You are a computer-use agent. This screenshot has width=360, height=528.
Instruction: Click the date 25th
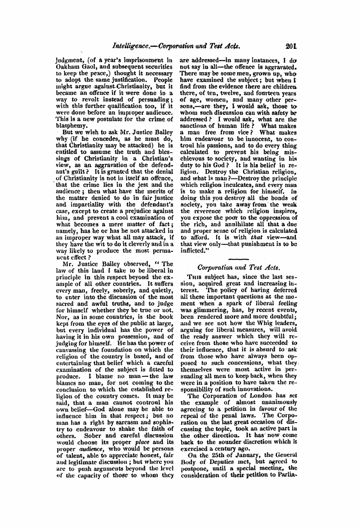coord(212,455)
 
